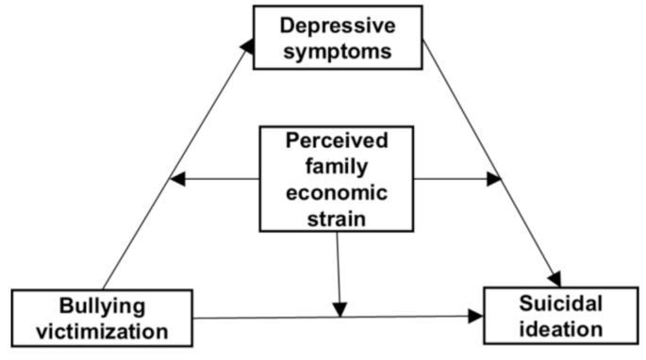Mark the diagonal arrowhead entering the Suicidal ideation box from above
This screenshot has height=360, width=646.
[x=555, y=277]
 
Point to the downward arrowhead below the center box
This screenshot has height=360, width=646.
[x=340, y=308]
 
